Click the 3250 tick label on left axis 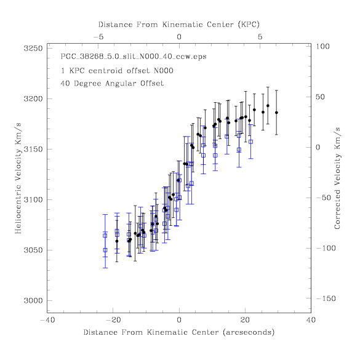(33, 49)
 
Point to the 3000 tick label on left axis (33, 300)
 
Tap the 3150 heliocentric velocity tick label (33, 150)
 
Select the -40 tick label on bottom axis (47, 320)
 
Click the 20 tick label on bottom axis (245, 320)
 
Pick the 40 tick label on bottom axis (311, 320)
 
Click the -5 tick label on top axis (98, 37)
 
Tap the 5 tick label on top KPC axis (260, 37)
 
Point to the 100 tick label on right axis (322, 46)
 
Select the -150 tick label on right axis (326, 298)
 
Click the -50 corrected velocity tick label (324, 198)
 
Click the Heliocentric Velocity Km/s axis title (18, 178)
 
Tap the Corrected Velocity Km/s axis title (337, 178)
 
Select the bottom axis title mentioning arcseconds (179, 332)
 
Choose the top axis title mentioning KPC (179, 25)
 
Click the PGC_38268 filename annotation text (134, 57)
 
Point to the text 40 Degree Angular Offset (112, 83)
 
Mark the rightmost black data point (276, 113)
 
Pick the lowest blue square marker (105, 250)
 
